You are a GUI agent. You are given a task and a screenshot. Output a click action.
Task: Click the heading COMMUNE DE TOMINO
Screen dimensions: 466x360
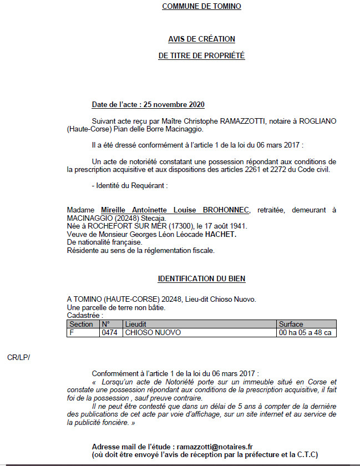(201, 7)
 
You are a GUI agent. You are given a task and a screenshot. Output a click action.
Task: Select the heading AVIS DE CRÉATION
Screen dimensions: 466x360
(201, 39)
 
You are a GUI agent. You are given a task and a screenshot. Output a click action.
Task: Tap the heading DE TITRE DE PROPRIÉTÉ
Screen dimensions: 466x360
(201, 56)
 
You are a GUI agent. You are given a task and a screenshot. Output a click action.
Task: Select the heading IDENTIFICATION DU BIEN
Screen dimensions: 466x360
(201, 278)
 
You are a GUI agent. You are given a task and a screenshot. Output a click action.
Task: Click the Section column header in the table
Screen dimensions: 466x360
(82, 325)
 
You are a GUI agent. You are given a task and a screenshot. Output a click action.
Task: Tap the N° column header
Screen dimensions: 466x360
(107, 325)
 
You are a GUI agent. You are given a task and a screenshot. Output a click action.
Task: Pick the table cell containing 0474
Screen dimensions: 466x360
(110, 333)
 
